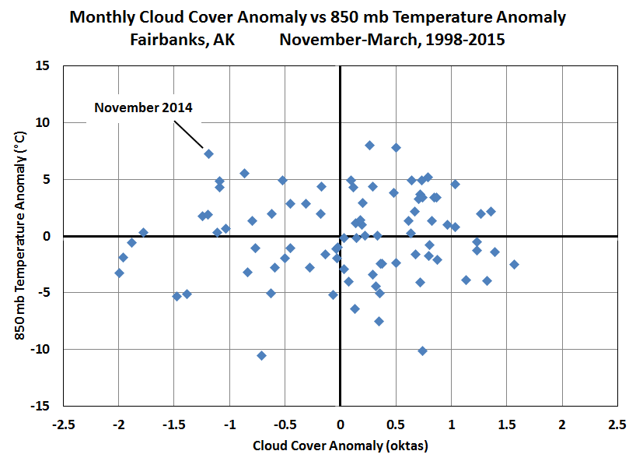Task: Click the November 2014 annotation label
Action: pos(143,107)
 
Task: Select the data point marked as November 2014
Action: pos(208,153)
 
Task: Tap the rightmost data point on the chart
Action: pos(514,265)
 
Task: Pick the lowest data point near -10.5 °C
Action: pos(261,356)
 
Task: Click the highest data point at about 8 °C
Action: pos(369,146)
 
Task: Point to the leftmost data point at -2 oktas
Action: pos(119,273)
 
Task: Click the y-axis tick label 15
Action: pos(42,66)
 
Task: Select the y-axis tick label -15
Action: pos(40,406)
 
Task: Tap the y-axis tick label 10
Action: pos(42,123)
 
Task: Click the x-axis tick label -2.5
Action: pos(64,424)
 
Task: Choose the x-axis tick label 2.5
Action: pos(617,424)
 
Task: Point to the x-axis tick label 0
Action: pos(341,424)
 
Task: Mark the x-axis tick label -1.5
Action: pos(174,424)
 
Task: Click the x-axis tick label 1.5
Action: pos(507,424)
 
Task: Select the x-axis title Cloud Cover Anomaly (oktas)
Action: pos(341,446)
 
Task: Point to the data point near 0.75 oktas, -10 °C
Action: pos(423,351)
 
